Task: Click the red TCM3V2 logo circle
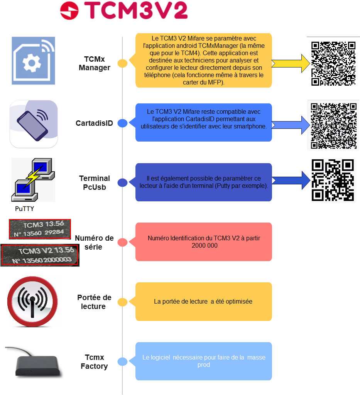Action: [x=69, y=10]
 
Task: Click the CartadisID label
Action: [x=94, y=123]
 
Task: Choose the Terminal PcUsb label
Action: [x=95, y=182]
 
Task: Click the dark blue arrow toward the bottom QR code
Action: [x=291, y=180]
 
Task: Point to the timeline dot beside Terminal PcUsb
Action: [x=122, y=183]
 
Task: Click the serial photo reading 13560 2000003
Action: [x=40, y=255]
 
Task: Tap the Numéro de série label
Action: [x=94, y=242]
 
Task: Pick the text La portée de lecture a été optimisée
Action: [x=203, y=301]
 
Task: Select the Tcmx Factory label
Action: [x=94, y=361]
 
